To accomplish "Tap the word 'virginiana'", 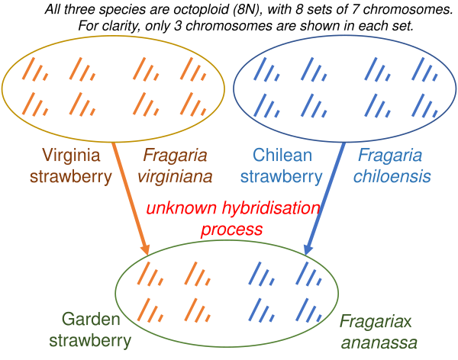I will [176, 177].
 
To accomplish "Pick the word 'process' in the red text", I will [231, 229].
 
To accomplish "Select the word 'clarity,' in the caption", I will [125, 25].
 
